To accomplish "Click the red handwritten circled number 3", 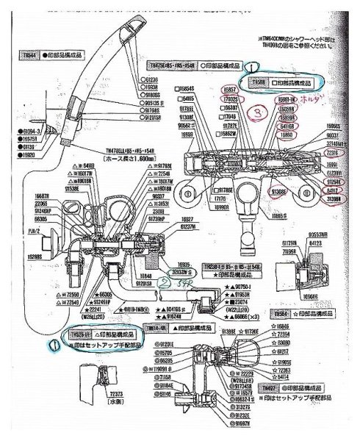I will [x=258, y=112].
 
